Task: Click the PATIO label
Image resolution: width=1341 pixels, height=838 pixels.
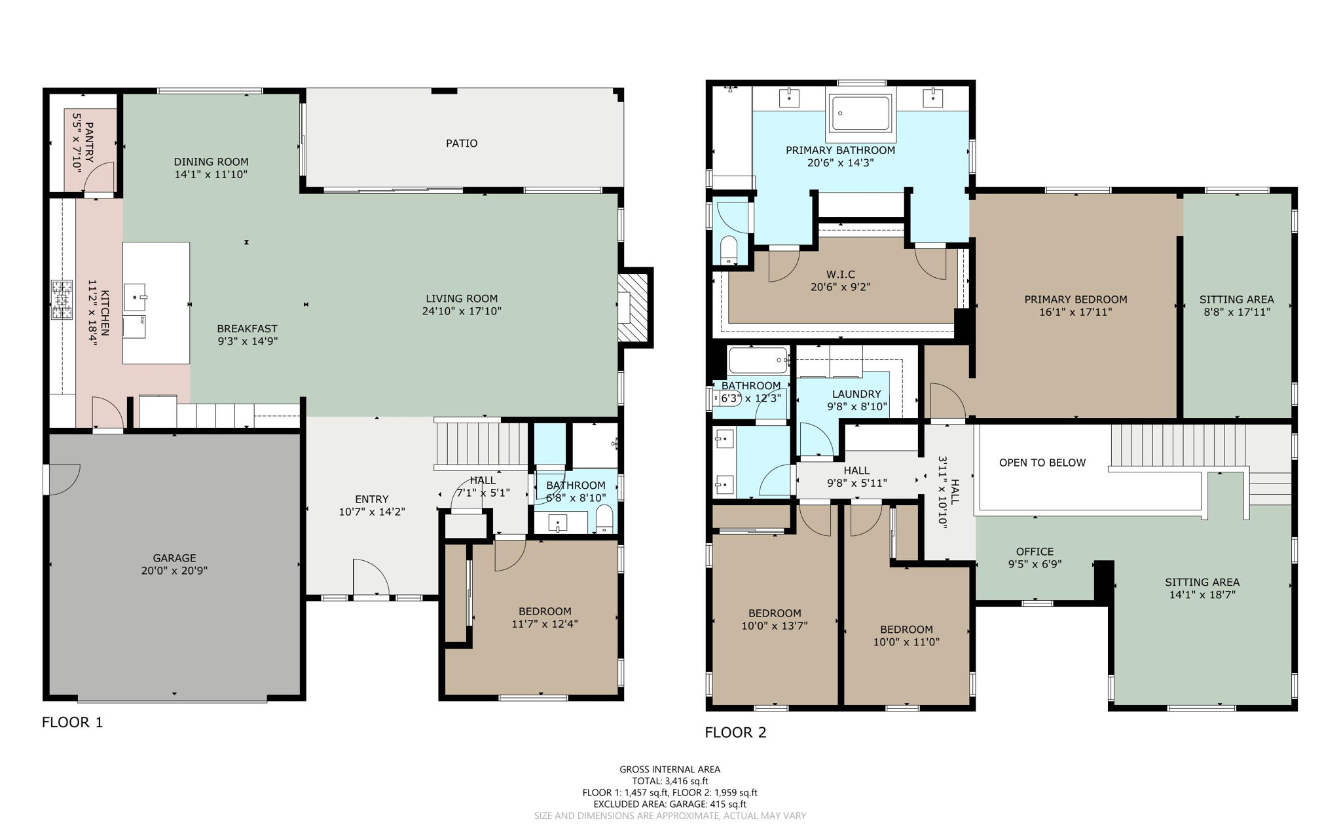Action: pos(462,143)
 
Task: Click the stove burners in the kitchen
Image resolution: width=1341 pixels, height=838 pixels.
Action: pos(62,300)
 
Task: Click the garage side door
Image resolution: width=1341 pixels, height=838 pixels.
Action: pos(63,479)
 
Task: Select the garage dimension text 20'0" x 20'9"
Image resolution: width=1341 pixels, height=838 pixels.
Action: pos(174,571)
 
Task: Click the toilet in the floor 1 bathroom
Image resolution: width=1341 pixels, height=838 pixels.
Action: pos(604,519)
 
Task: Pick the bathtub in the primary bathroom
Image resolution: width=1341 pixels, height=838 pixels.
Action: pos(860,114)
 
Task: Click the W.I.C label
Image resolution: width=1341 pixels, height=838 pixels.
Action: pos(841,275)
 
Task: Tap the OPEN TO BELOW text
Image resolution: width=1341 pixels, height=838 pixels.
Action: pos(1042,463)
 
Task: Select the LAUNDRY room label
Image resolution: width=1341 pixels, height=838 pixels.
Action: pos(856,394)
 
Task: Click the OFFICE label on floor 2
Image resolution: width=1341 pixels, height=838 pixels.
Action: pos(1035,552)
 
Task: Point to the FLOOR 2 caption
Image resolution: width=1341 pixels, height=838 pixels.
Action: pos(735,733)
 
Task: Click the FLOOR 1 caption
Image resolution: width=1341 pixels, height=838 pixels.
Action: pos(72,722)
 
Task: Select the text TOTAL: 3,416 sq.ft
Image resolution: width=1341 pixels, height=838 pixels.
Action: pos(670,780)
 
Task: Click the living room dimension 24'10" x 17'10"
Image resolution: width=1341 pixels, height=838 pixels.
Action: pos(462,311)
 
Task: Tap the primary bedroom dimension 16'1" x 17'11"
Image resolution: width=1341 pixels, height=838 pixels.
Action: pos(1075,312)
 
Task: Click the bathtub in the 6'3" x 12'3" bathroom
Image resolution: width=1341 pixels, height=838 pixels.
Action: pos(758,360)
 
